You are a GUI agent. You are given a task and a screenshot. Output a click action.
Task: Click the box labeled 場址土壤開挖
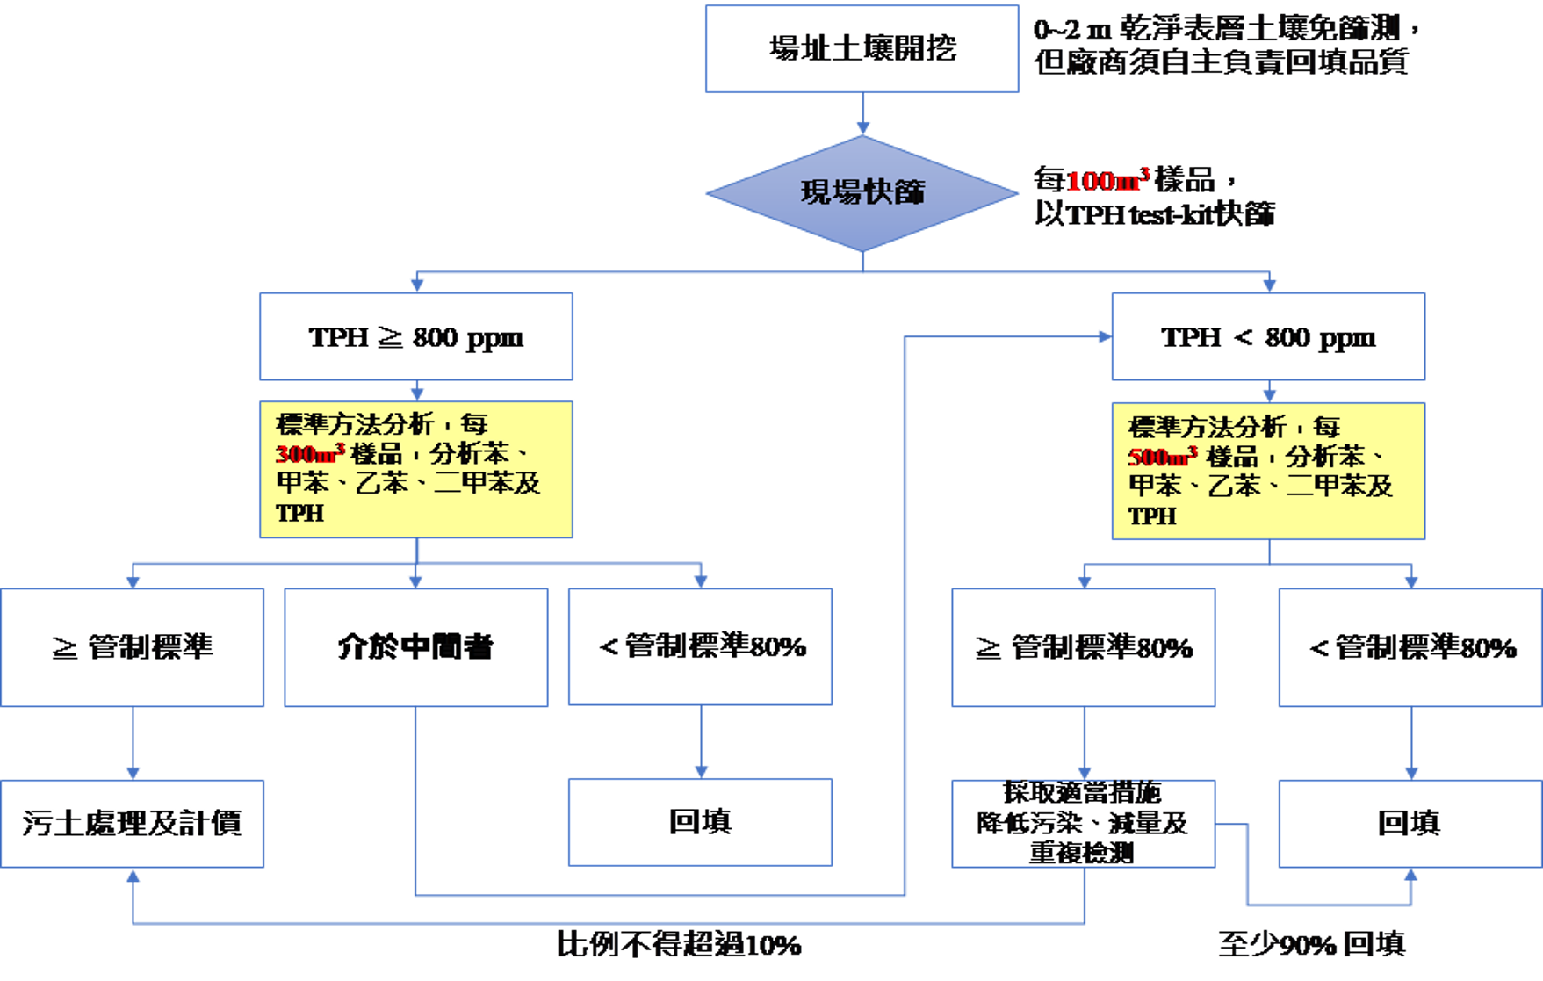[862, 48]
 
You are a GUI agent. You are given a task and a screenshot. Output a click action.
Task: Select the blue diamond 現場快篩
[862, 192]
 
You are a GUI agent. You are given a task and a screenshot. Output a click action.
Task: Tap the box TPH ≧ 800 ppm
[415, 337]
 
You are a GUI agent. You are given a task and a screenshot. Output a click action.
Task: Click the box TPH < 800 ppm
[1267, 337]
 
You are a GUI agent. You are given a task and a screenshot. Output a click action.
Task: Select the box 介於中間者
[415, 647]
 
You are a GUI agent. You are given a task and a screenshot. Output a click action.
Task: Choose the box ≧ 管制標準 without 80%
[132, 647]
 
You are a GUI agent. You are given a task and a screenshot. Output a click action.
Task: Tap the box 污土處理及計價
[132, 823]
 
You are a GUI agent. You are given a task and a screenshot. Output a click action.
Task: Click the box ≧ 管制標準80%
[1084, 648]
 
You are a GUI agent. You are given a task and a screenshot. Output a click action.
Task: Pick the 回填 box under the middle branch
[700, 822]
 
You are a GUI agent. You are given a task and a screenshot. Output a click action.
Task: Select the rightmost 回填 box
[1410, 823]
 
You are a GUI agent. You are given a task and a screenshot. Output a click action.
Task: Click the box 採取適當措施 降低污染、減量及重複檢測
[1084, 823]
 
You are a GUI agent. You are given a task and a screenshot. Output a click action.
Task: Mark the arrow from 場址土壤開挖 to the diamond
[862, 114]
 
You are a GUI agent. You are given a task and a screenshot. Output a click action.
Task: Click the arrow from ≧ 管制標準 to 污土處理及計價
[133, 743]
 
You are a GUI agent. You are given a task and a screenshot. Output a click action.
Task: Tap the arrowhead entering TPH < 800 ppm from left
[1103, 336]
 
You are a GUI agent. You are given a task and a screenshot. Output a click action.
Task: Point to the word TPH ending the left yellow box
[299, 513]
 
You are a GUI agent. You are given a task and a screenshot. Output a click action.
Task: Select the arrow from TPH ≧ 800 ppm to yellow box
[416, 391]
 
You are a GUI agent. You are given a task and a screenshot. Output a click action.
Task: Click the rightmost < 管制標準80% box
[1410, 648]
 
